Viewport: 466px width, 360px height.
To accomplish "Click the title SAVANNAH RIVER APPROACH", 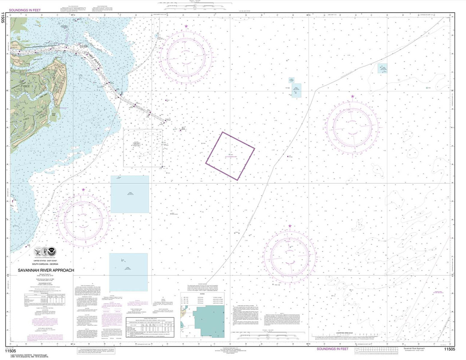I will click(x=46, y=270).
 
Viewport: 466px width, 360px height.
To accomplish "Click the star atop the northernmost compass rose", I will click(x=186, y=27).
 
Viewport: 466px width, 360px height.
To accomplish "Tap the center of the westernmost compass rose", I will click(x=83, y=219).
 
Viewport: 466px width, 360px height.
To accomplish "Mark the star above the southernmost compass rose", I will click(x=290, y=226).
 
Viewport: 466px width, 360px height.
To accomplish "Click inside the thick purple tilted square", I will click(x=230, y=156).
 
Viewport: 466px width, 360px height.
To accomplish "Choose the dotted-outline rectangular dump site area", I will click(x=143, y=148).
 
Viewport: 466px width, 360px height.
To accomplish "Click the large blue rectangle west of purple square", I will click(x=130, y=194).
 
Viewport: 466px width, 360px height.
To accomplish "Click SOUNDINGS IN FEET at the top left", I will click(x=25, y=11).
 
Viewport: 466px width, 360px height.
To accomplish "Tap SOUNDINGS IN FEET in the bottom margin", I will click(x=332, y=349).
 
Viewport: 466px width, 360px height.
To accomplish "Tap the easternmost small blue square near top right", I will click(x=382, y=68).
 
